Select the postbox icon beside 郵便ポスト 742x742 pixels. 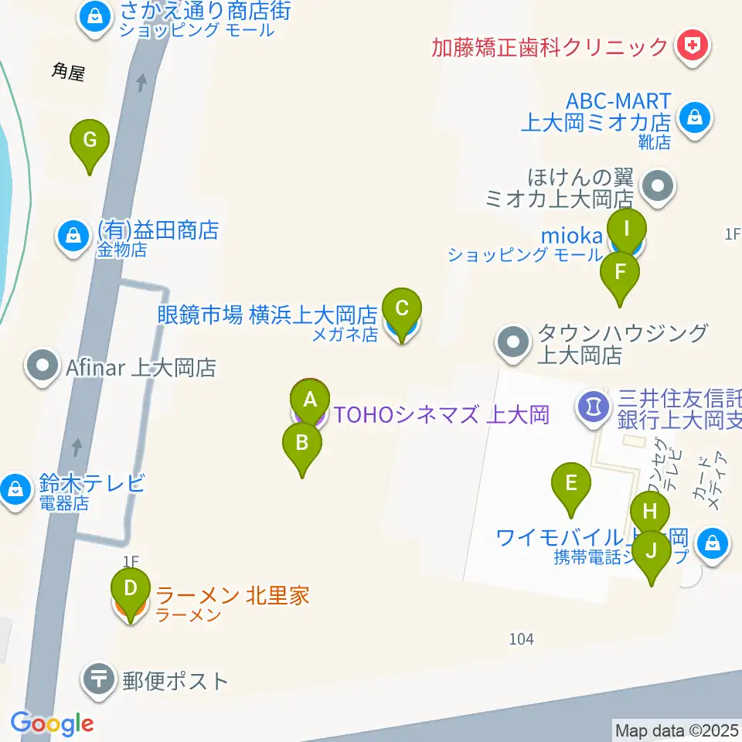click(100, 680)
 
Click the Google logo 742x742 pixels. click(53, 724)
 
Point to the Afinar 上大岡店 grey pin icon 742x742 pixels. click(42, 366)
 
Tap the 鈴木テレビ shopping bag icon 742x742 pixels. click(15, 488)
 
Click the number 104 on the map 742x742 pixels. click(522, 639)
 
